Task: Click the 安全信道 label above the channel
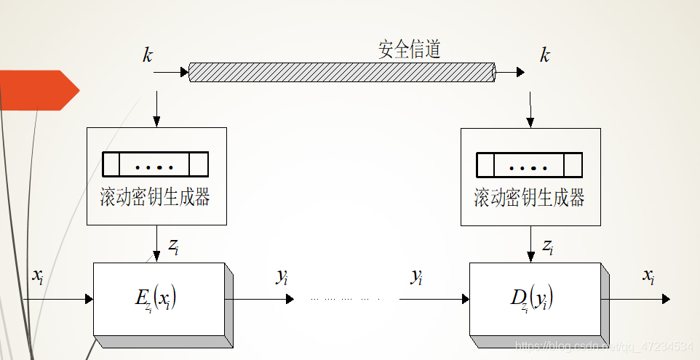tap(409, 49)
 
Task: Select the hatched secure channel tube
tap(342, 72)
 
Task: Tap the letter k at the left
tap(148, 55)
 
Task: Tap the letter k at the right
tap(544, 55)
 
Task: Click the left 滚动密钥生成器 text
tap(155, 197)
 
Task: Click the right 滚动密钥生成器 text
tap(530, 197)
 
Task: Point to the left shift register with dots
tap(155, 164)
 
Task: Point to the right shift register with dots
tap(529, 164)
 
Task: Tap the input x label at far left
tap(38, 276)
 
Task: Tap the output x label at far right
tap(648, 276)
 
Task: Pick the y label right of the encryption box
tap(282, 276)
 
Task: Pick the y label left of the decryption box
tap(416, 276)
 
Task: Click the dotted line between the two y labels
tap(346, 299)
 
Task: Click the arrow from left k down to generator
tap(156, 109)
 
